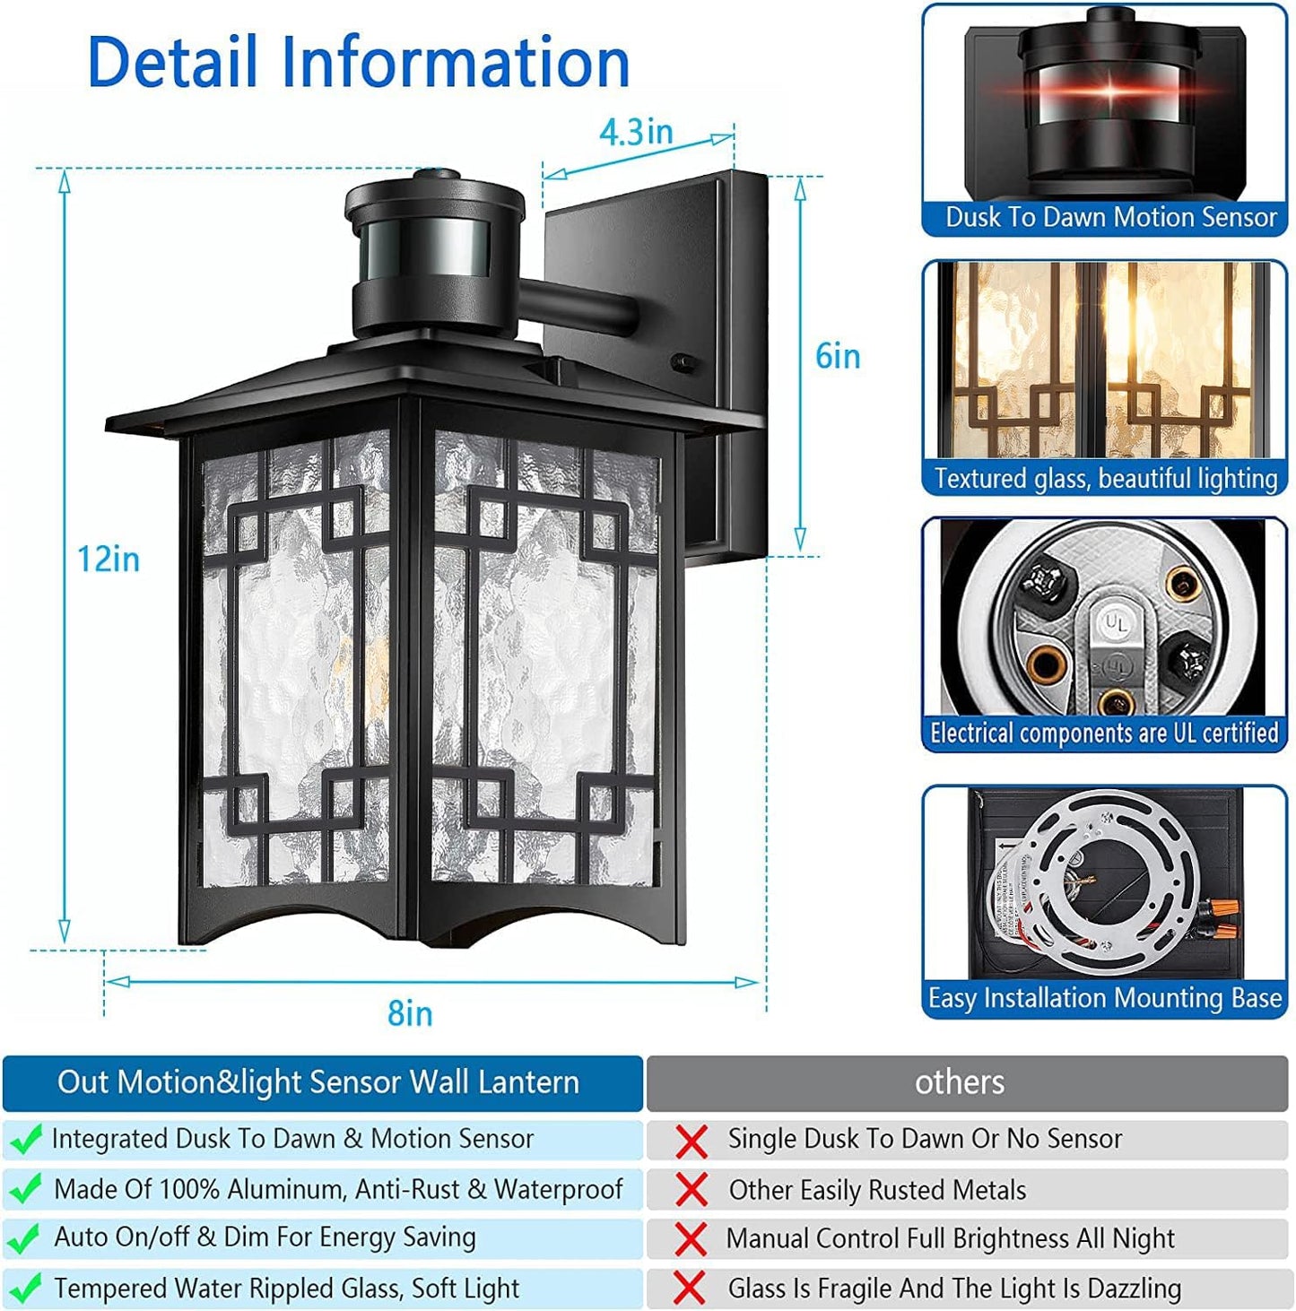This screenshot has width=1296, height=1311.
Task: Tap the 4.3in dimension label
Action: click(636, 132)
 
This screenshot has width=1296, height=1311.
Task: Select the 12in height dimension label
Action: click(109, 559)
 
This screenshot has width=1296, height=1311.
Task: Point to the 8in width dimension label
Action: click(410, 1013)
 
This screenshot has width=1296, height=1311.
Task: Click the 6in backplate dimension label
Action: click(838, 356)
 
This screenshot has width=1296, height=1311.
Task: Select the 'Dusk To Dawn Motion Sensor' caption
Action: click(1110, 217)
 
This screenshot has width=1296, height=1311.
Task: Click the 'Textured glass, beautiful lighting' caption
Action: click(1105, 478)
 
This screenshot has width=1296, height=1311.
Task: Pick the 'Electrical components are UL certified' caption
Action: click(1104, 734)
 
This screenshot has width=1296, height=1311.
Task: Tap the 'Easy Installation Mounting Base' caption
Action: click(1105, 998)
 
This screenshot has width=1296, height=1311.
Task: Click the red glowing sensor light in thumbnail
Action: click(1109, 92)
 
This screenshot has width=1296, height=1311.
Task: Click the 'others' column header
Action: click(959, 1082)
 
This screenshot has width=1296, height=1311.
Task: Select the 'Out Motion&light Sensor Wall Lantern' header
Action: click(318, 1082)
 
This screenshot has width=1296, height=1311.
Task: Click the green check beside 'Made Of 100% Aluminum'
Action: click(25, 1189)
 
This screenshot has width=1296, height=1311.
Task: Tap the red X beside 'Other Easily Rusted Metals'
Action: click(691, 1190)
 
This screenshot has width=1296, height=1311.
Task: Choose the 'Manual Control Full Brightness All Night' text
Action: click(950, 1238)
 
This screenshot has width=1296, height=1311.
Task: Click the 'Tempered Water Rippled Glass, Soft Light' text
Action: click(287, 1289)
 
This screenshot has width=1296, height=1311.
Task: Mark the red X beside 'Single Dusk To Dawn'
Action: click(691, 1141)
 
